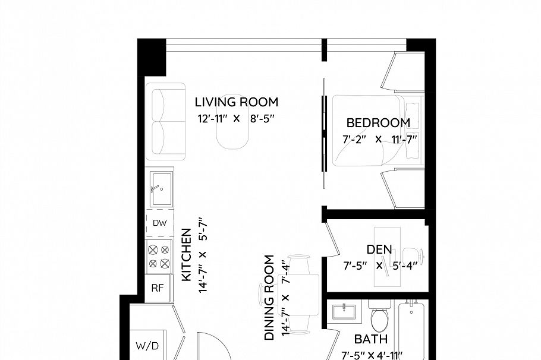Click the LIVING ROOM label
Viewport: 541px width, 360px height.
tap(237, 102)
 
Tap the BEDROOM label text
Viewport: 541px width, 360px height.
tap(378, 123)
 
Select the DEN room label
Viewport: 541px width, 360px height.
tap(379, 250)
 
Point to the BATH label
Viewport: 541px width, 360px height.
tap(371, 339)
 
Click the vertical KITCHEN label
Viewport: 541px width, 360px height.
tap(186, 255)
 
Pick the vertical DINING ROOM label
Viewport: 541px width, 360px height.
tap(269, 298)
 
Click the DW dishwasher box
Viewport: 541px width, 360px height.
tap(159, 223)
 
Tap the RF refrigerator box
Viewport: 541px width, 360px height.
tap(158, 288)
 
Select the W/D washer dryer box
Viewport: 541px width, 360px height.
tap(147, 345)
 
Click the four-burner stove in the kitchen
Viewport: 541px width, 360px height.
tap(159, 257)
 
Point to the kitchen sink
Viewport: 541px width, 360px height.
tap(161, 190)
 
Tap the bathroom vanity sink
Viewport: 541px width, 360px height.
tap(344, 312)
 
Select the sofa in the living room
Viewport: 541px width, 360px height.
tap(166, 121)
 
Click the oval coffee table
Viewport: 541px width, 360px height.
tap(232, 122)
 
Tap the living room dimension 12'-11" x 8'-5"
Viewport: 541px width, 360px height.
tap(236, 119)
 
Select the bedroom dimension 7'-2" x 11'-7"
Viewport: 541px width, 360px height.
tap(379, 140)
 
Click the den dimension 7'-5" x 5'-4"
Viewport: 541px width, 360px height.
tap(380, 266)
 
